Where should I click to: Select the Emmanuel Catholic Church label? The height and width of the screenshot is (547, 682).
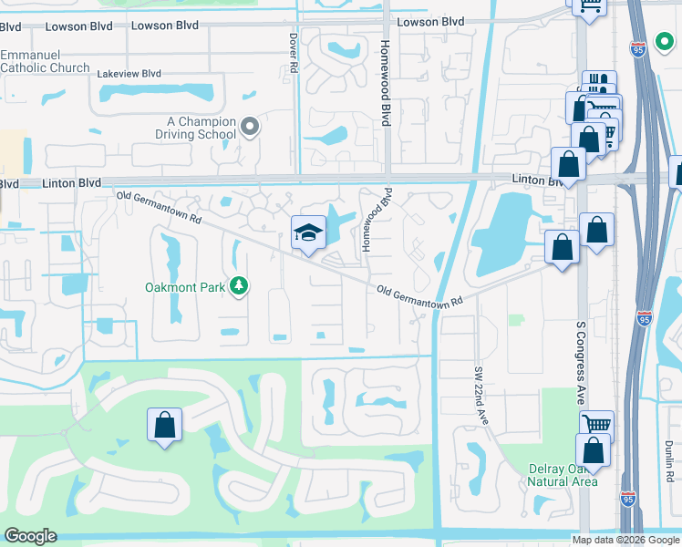45,61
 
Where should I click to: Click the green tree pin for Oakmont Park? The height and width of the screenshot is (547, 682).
239,287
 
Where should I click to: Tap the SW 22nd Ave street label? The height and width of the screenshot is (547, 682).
482,396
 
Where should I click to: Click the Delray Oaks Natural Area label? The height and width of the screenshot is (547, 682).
563,475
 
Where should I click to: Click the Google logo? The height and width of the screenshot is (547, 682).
30,536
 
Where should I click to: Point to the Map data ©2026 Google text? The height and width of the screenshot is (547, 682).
625,540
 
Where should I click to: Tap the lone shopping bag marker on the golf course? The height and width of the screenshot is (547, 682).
164,424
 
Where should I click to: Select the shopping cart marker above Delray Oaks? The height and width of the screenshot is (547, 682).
596,425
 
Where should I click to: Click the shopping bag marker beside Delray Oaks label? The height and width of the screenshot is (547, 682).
592,450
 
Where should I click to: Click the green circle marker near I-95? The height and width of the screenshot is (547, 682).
663,42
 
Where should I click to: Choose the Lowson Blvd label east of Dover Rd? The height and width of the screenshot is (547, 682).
429,22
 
